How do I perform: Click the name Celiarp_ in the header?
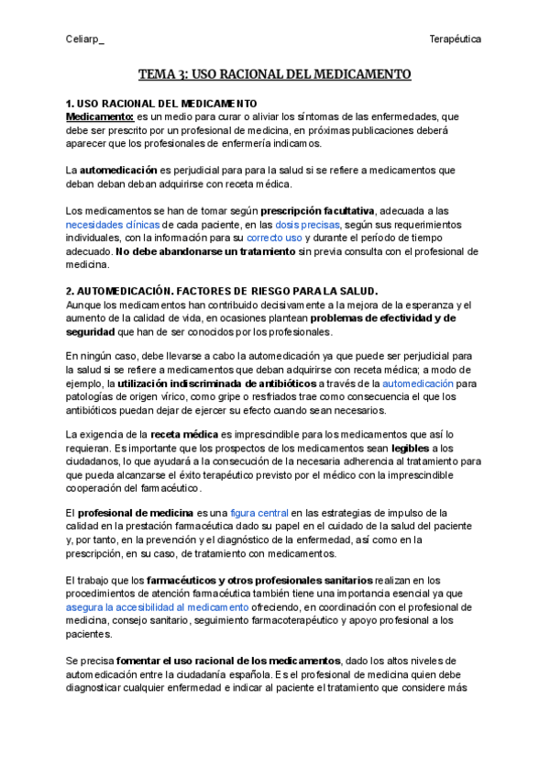pos(85,39)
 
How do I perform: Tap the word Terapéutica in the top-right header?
pos(456,39)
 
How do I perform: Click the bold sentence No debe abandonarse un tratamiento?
pos(207,251)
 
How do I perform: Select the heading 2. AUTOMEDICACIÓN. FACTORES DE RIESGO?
pos(223,292)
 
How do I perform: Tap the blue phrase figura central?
pos(259,512)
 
